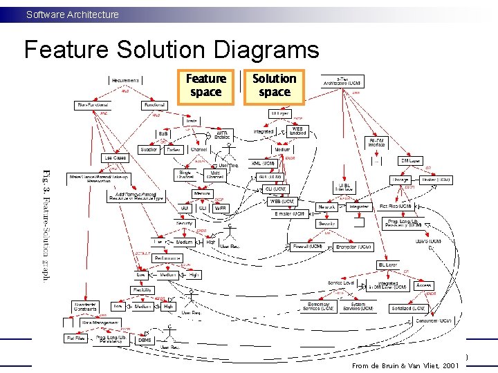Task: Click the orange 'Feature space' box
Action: click(205, 86)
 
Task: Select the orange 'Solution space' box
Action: click(274, 86)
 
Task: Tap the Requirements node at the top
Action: click(125, 81)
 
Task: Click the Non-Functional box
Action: click(92, 105)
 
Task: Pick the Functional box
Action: click(153, 105)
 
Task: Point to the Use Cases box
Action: click(115, 158)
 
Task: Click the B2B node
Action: click(163, 133)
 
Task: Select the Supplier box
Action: click(149, 149)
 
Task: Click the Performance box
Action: click(167, 258)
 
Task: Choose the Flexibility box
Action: click(141, 290)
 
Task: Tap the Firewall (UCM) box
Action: click(308, 247)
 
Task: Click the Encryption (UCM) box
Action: click(353, 247)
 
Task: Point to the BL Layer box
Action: click(387, 265)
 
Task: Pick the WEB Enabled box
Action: click(297, 131)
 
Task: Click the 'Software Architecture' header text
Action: click(72, 14)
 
